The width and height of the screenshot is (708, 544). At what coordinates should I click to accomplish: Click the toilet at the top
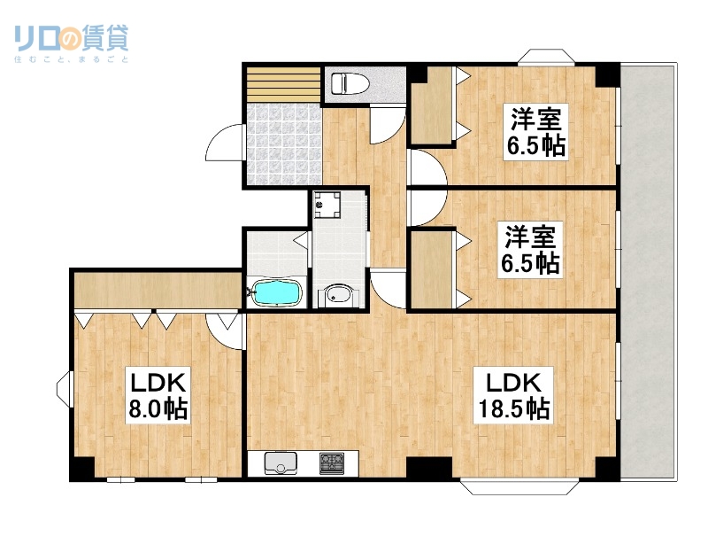coord(349,84)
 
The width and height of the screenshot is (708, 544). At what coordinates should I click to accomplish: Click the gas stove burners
coord(334,462)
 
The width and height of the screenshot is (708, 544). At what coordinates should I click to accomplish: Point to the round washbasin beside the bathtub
coord(337,295)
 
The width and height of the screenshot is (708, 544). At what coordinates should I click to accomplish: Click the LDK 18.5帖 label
coord(516,395)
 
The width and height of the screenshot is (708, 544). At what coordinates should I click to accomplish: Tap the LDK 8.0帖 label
coord(157,396)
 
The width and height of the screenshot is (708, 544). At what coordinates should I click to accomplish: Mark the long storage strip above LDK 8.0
coord(156,290)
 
